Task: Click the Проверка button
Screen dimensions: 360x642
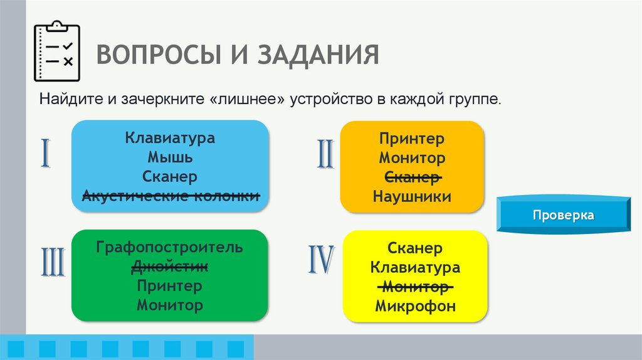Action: [563, 215]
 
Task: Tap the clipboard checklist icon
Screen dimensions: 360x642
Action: [56, 52]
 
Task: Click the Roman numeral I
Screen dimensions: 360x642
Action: [46, 154]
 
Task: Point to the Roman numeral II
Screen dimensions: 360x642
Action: [325, 154]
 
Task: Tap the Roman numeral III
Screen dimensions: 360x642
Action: [53, 263]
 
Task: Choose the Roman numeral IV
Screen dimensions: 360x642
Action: [321, 260]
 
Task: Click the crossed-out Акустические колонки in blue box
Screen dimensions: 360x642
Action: [170, 196]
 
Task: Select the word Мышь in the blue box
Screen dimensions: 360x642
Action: [170, 157]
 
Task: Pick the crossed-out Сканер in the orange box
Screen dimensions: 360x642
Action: [412, 177]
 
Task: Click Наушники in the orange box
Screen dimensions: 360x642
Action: [412, 197]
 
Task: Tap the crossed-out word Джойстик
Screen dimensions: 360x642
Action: [170, 267]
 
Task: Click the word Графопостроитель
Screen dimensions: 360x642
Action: [170, 247]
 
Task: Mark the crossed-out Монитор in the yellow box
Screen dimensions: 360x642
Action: [415, 287]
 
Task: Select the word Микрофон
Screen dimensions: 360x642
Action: [415, 307]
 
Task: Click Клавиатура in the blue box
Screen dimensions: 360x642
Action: [170, 137]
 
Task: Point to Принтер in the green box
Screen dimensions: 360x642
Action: [170, 286]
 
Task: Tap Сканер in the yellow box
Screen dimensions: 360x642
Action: [415, 248]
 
